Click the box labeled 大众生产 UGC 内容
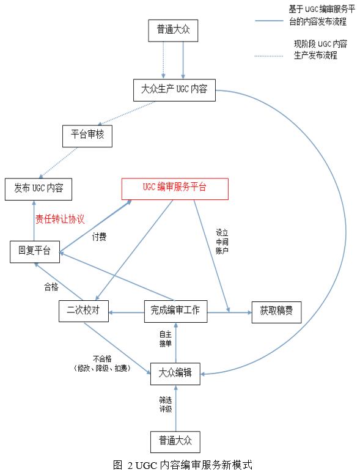click(174, 90)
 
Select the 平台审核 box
click(87, 136)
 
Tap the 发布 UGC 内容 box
click(39, 189)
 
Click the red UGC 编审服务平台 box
click(175, 189)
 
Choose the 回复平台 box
click(35, 252)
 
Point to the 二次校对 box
click(84, 311)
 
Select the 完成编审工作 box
click(176, 311)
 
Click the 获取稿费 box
click(276, 312)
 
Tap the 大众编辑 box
click(175, 374)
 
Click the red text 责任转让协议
click(60, 219)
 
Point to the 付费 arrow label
click(99, 237)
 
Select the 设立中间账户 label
click(222, 242)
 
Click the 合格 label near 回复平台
click(51, 287)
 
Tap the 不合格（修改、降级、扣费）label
click(102, 364)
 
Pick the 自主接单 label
click(165, 339)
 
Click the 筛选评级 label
click(166, 404)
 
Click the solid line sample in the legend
click(269, 21)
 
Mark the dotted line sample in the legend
click(269, 56)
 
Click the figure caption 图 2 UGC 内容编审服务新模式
click(182, 465)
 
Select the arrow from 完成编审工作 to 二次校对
click(127, 312)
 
